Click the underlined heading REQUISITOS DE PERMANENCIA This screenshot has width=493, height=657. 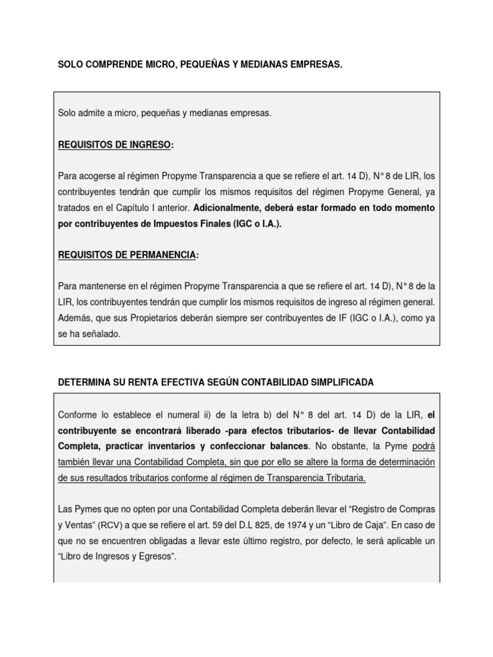tap(126, 255)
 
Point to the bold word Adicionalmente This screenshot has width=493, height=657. tap(225, 209)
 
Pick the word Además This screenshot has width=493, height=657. tap(73, 318)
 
